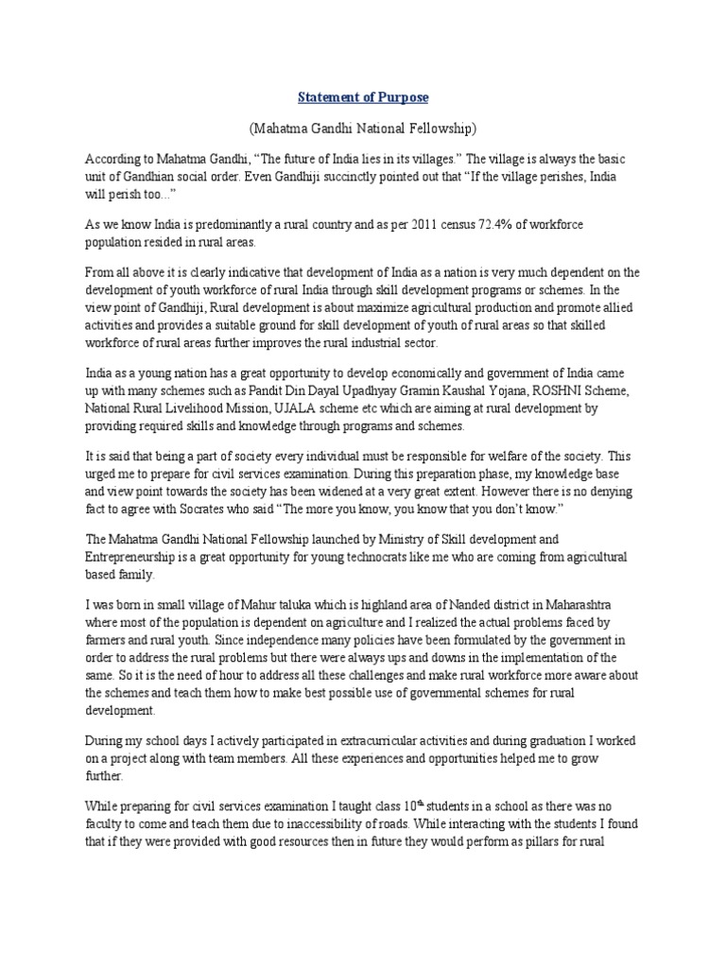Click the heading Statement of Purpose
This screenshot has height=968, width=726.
coord(363,97)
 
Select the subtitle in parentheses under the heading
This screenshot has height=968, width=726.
coord(363,128)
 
